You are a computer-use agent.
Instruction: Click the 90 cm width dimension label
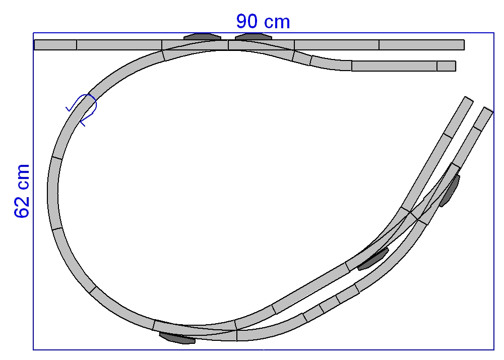pos(263,22)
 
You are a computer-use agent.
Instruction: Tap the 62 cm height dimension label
pos(22,191)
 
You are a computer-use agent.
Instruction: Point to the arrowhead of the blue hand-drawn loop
pos(83,122)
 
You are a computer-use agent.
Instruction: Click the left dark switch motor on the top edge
pos(202,36)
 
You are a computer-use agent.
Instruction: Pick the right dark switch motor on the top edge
pos(254,36)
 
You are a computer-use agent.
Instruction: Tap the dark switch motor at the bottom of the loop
pos(177,338)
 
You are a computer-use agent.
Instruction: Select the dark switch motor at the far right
pos(450,191)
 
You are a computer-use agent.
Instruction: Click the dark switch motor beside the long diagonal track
pos(373,259)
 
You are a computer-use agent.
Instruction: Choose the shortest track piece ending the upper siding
pos(446,66)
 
